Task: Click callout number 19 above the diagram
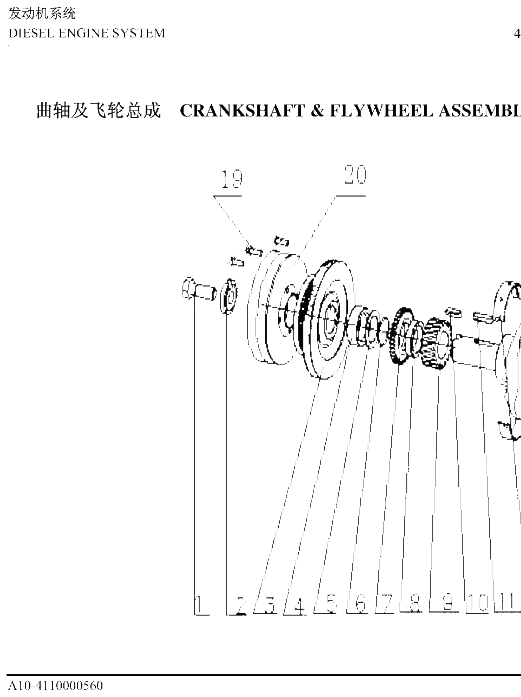point(232,179)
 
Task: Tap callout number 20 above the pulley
point(356,174)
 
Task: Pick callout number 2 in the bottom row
point(242,605)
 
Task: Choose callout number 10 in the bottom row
point(478,603)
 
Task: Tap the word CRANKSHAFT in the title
point(242,111)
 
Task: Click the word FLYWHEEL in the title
point(381,111)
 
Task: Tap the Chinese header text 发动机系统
point(42,14)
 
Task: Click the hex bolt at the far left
point(199,289)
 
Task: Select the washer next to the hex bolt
point(229,296)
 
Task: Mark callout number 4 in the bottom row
point(299,605)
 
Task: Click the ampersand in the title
point(317,111)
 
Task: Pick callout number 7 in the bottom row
point(387,603)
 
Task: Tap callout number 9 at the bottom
point(448,602)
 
